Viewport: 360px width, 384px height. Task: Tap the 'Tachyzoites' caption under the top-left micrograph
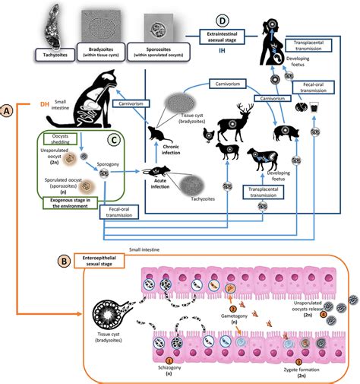click(52, 53)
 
